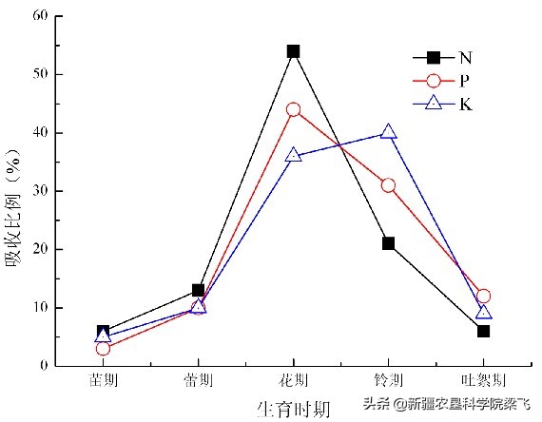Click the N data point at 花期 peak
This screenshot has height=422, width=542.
pos(293,51)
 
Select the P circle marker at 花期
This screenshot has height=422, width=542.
pos(293,109)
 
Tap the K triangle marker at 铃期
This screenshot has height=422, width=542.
pos(388,132)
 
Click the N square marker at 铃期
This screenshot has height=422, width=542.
pos(388,243)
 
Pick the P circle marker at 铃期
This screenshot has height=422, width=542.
pos(388,184)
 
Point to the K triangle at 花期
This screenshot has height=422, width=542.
pos(293,155)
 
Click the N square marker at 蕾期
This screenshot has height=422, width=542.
pos(198,290)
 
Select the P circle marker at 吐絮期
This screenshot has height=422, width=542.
pos(483,296)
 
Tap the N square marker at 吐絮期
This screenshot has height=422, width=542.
pos(483,331)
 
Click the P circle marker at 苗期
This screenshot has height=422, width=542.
pos(103,349)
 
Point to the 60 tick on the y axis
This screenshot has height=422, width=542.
pos(41,16)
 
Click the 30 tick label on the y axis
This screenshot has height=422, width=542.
pos(41,191)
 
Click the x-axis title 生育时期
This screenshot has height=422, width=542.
pos(293,409)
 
